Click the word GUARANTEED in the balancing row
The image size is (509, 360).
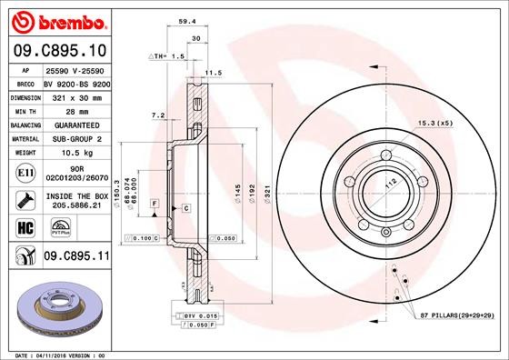75,124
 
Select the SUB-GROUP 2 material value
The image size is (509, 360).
75,138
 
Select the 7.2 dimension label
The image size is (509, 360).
156,115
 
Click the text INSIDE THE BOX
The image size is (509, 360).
76,195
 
